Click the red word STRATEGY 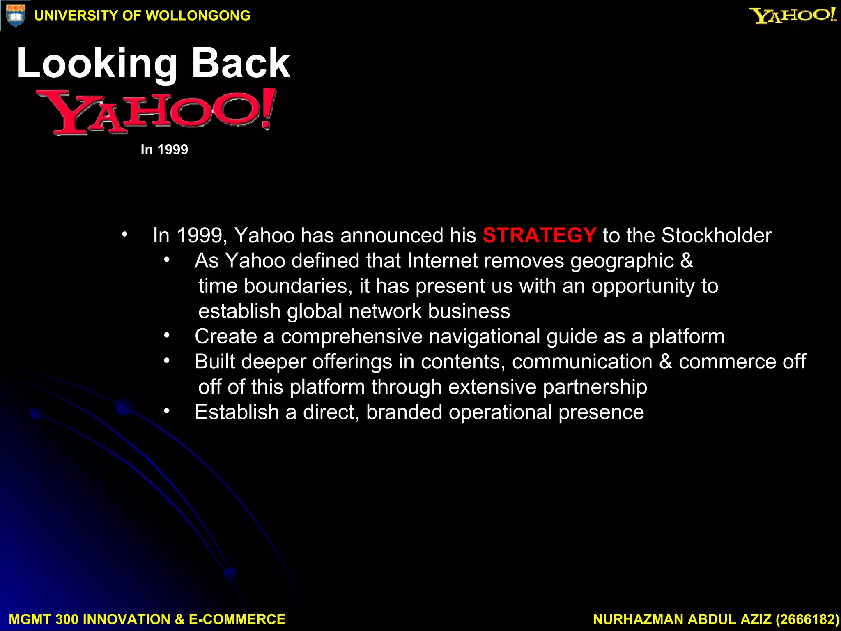pyautogui.click(x=539, y=235)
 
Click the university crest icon pyautogui.click(x=16, y=15)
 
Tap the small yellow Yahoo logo pyautogui.click(x=792, y=16)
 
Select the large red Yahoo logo pyautogui.click(x=156, y=112)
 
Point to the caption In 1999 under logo pyautogui.click(x=164, y=149)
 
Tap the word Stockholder pyautogui.click(x=716, y=235)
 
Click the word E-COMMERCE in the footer pyautogui.click(x=237, y=619)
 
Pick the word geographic pyautogui.click(x=622, y=261)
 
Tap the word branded pyautogui.click(x=404, y=412)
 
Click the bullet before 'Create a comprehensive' pyautogui.click(x=166, y=336)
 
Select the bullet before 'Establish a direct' pyautogui.click(x=166, y=411)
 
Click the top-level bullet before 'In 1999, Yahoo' pyautogui.click(x=124, y=235)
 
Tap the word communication pyautogui.click(x=582, y=362)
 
